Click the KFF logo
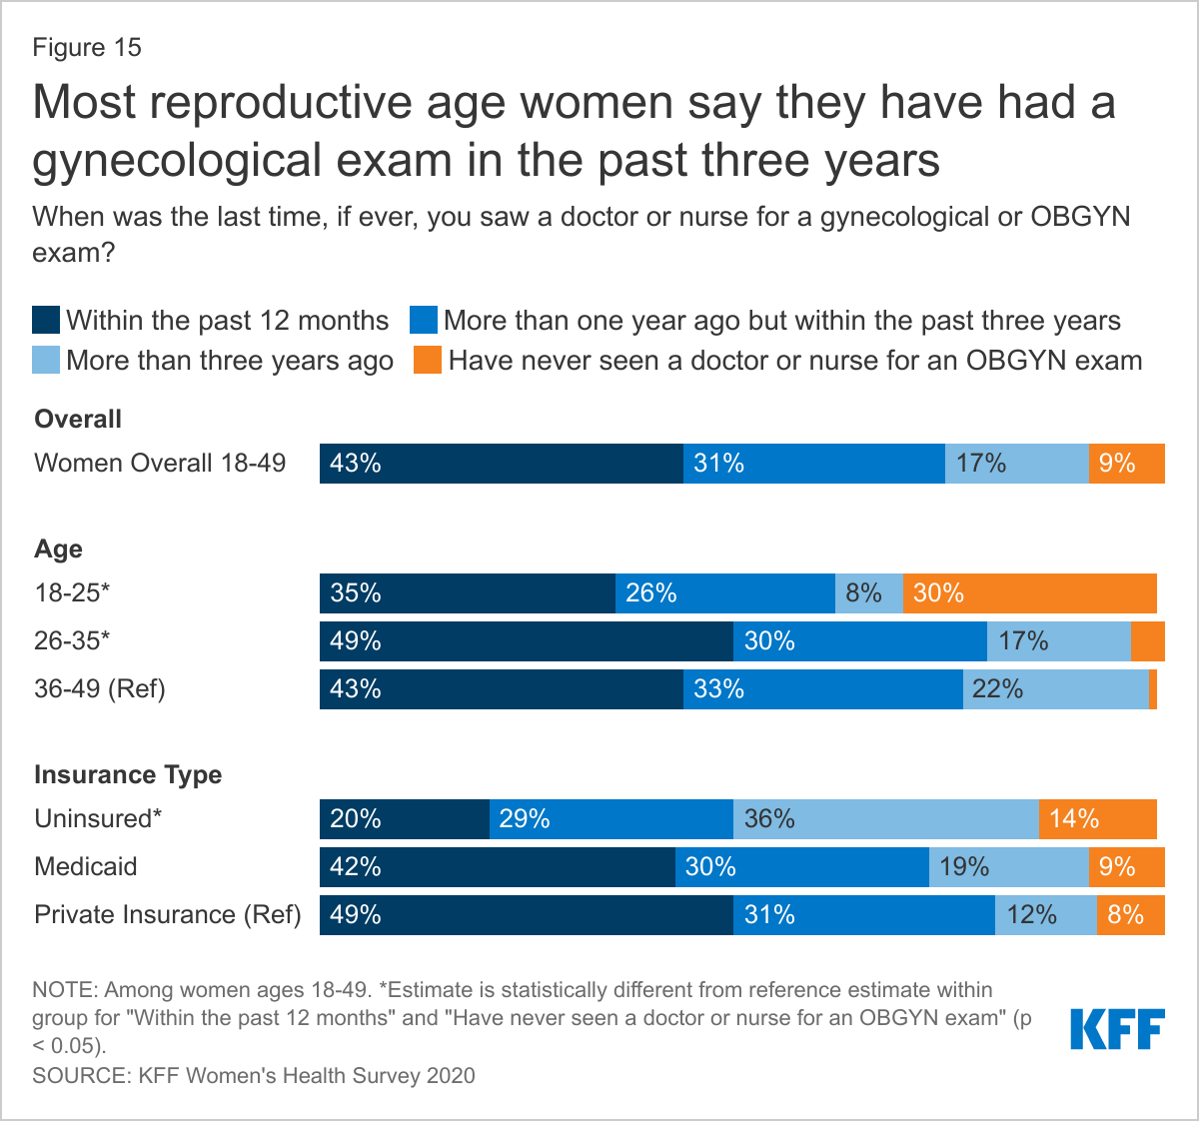point(1117,1029)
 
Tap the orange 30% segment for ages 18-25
point(1029,593)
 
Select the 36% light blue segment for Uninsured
point(885,819)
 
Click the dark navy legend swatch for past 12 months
point(46,321)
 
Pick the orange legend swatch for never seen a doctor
point(427,360)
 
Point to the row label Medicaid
point(86,866)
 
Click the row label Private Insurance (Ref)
point(168,914)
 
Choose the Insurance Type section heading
point(128,775)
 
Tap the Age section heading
point(58,550)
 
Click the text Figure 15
point(87,48)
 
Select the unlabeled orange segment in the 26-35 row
point(1147,641)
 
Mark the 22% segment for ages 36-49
point(1055,689)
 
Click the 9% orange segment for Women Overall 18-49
point(1126,464)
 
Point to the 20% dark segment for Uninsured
point(404,819)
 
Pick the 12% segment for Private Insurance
point(1045,915)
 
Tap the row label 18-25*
point(72,592)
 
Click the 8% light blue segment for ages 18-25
point(868,593)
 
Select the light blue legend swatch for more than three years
point(46,360)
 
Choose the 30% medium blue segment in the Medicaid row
point(801,867)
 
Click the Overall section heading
point(78,420)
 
